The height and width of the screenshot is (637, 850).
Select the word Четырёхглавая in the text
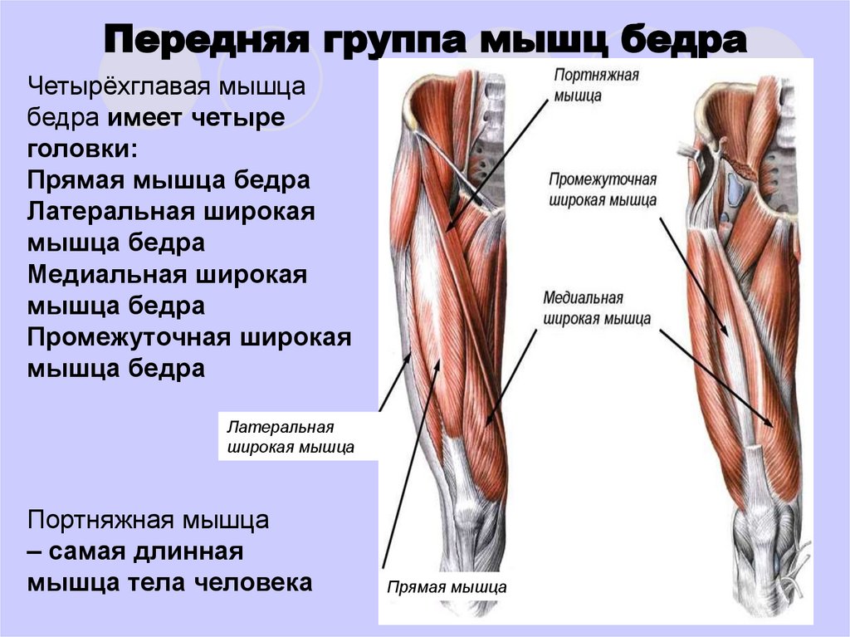(120, 86)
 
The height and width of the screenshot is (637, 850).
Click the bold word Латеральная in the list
(110, 211)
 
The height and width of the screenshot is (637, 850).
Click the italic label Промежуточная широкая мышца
(603, 190)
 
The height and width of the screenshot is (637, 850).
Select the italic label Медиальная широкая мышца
(597, 307)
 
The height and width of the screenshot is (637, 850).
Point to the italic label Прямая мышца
(447, 587)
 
